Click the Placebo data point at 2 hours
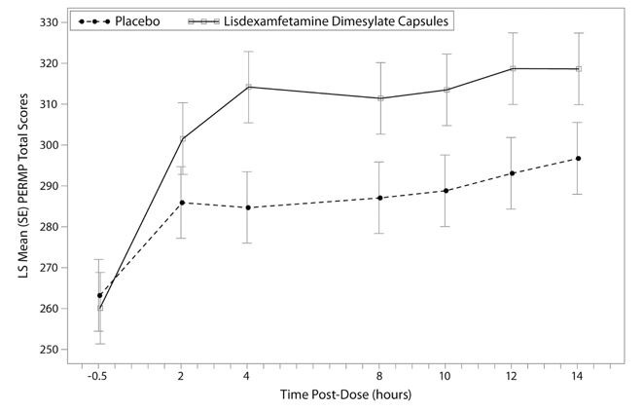click(182, 203)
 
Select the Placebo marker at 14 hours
click(578, 159)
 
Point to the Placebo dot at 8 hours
click(380, 198)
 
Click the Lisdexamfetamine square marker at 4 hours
click(248, 87)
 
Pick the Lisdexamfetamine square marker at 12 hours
click(512, 68)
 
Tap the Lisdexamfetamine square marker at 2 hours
click(182, 139)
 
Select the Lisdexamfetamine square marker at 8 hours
click(380, 98)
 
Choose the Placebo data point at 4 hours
click(248, 207)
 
